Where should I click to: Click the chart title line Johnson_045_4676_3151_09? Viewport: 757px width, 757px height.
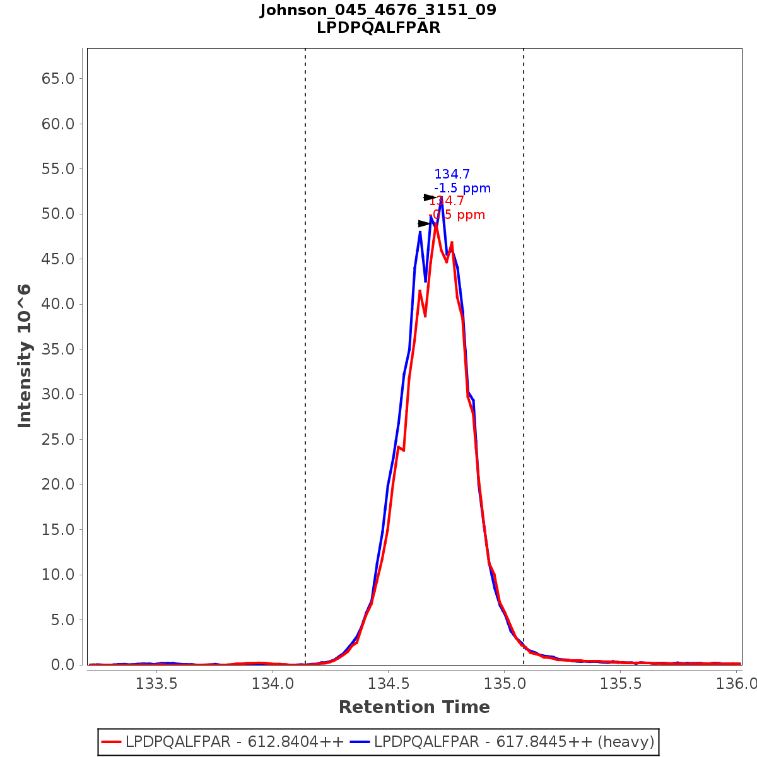tap(378, 11)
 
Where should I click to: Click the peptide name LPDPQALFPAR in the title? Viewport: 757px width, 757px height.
tap(378, 28)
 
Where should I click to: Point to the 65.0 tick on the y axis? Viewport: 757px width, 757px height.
tap(58, 79)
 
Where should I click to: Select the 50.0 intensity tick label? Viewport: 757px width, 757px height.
tap(58, 214)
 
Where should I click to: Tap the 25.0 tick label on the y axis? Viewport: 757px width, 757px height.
tap(58, 440)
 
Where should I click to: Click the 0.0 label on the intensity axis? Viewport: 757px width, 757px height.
tap(62, 665)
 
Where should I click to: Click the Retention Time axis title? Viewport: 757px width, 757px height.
tap(414, 707)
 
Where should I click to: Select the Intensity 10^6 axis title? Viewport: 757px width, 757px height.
tap(25, 356)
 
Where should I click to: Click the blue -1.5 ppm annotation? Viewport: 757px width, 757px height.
tap(462, 189)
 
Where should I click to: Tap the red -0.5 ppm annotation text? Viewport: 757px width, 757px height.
tap(457, 215)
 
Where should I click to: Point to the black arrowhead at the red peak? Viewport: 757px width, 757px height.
tap(425, 224)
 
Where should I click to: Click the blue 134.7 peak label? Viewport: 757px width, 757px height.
tap(452, 175)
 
